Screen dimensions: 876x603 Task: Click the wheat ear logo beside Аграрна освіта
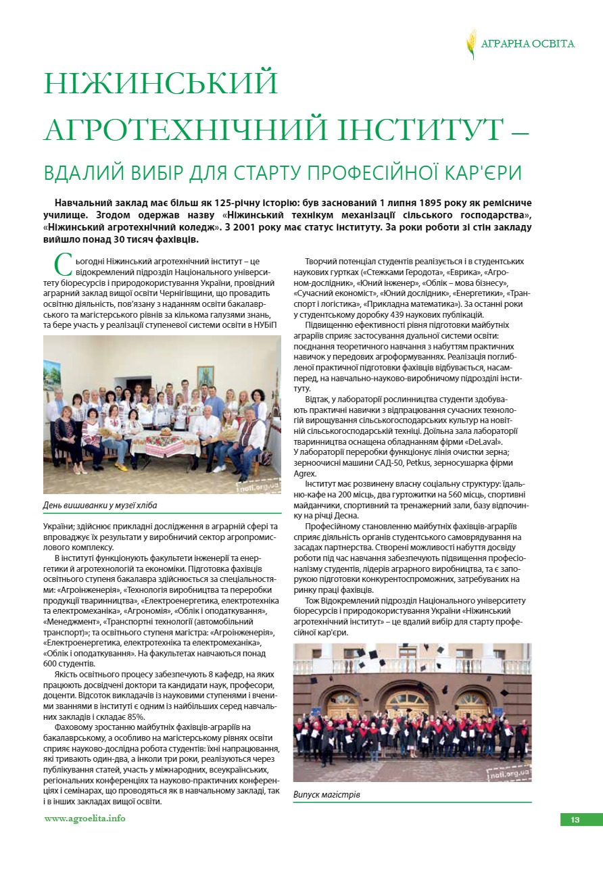471,44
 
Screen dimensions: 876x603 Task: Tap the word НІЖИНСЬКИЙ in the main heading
161,82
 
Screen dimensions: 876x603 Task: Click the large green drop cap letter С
62,264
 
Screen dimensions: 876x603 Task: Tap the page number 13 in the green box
575,820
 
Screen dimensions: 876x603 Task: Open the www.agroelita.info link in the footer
85,819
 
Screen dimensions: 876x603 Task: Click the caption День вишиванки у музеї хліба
99,505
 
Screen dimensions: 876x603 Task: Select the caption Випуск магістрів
327,794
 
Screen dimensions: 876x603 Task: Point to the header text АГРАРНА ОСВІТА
527,44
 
